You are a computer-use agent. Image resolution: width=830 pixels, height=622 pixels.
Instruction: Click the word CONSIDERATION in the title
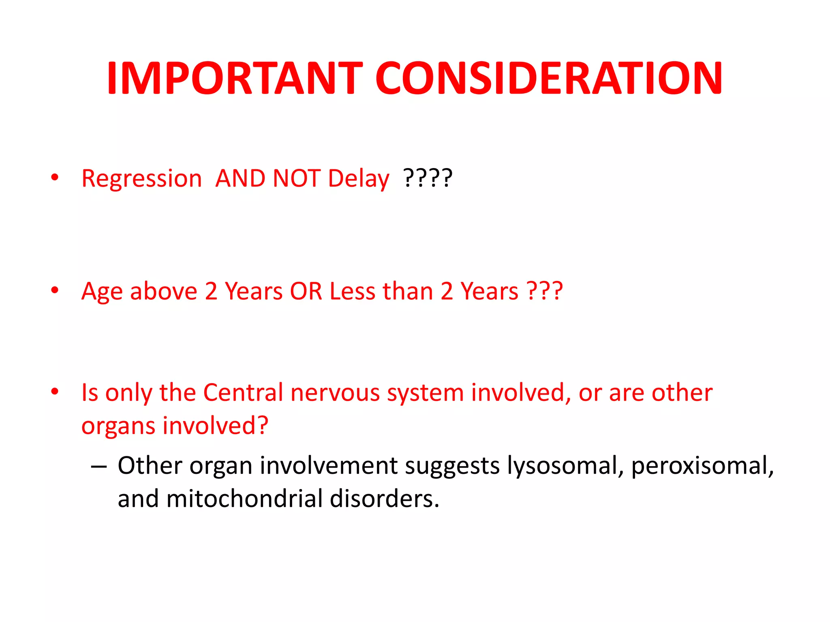549,78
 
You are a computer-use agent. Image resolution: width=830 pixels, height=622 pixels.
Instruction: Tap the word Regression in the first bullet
141,179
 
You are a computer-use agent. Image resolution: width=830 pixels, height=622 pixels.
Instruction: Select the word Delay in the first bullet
358,179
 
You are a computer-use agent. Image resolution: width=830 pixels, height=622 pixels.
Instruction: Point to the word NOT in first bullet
297,179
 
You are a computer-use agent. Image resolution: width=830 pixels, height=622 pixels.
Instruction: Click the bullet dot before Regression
55,177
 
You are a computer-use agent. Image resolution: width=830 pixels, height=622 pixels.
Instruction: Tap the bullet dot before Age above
55,290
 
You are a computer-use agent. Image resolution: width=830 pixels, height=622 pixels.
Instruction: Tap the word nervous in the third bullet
335,392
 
